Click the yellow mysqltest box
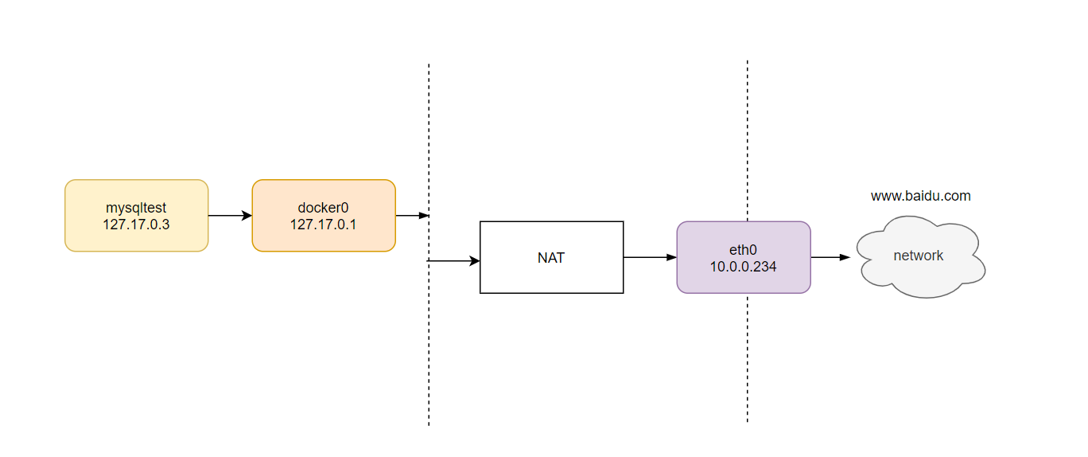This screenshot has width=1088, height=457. pyautogui.click(x=137, y=216)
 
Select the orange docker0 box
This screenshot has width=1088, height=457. pyautogui.click(x=324, y=216)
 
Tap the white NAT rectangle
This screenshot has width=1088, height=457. pyautogui.click(x=551, y=257)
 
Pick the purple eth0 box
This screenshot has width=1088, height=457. pyautogui.click(x=743, y=257)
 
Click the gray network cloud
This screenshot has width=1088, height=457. pyautogui.click(x=920, y=256)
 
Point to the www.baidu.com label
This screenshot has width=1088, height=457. pyautogui.click(x=920, y=196)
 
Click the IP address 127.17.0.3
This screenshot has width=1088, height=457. pyautogui.click(x=136, y=225)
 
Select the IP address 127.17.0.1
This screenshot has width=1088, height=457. pyautogui.click(x=323, y=225)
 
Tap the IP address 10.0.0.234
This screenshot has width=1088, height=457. pyautogui.click(x=743, y=267)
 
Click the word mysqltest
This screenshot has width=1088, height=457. pyautogui.click(x=136, y=208)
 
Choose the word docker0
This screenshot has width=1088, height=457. pyautogui.click(x=323, y=208)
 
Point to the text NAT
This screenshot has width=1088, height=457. pyautogui.click(x=551, y=258)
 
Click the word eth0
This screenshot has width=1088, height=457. pyautogui.click(x=743, y=250)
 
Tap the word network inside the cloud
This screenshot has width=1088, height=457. pyautogui.click(x=918, y=256)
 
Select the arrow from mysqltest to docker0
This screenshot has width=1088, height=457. pyautogui.click(x=230, y=216)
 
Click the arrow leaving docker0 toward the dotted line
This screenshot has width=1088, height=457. pyautogui.click(x=412, y=216)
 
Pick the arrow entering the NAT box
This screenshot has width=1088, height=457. pyautogui.click(x=453, y=261)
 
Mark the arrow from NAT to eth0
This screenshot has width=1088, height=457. pyautogui.click(x=650, y=257)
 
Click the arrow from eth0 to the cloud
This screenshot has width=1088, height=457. pyautogui.click(x=830, y=257)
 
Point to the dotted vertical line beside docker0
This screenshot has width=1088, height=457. pyautogui.click(x=429, y=244)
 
